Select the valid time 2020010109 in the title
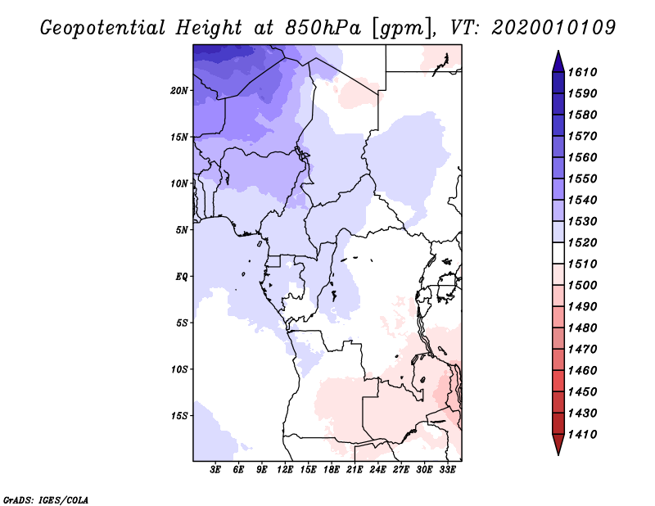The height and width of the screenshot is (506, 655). click(x=553, y=27)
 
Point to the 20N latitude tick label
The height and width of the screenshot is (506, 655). click(x=179, y=90)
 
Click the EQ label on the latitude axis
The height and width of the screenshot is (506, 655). click(x=181, y=277)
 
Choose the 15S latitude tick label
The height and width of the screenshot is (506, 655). click(x=179, y=416)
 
